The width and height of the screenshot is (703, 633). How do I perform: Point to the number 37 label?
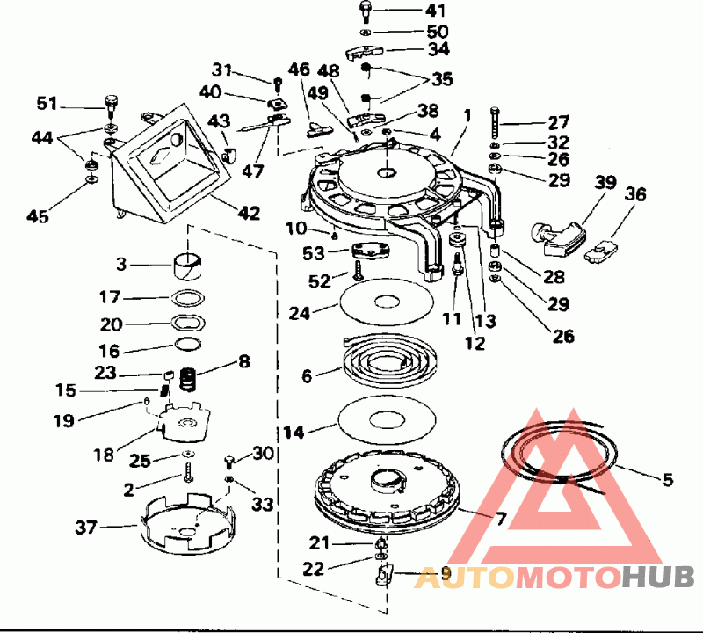(87, 527)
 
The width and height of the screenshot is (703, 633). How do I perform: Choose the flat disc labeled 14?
(387, 420)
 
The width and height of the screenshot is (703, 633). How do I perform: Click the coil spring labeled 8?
(186, 380)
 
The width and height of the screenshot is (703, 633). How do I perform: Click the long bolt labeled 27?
(496, 123)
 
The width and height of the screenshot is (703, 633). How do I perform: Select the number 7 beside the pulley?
(501, 519)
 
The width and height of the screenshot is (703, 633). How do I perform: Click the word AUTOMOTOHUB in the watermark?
(554, 577)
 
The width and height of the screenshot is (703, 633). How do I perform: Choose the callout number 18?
(104, 455)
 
